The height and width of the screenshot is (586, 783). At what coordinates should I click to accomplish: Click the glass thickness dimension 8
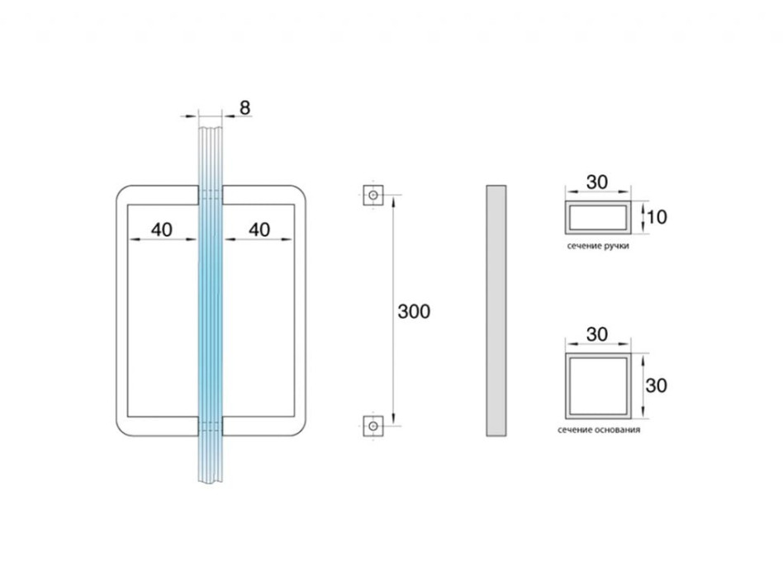[x=244, y=108]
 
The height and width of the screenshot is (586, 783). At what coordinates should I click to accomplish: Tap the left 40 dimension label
[x=161, y=229]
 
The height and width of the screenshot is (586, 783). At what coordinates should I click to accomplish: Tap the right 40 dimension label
[x=259, y=229]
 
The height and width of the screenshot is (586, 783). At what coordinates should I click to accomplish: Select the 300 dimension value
[x=414, y=311]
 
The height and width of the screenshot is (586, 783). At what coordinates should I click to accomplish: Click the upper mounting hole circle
[x=373, y=195]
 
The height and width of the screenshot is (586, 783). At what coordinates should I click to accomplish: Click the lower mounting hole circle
[x=373, y=426]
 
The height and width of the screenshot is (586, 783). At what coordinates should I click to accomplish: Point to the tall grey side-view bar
[x=496, y=310]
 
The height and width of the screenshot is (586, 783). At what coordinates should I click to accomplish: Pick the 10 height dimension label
[x=657, y=217]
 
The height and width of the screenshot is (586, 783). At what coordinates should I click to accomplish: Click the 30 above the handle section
[x=596, y=182]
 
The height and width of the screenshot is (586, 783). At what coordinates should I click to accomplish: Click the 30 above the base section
[x=596, y=334]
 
